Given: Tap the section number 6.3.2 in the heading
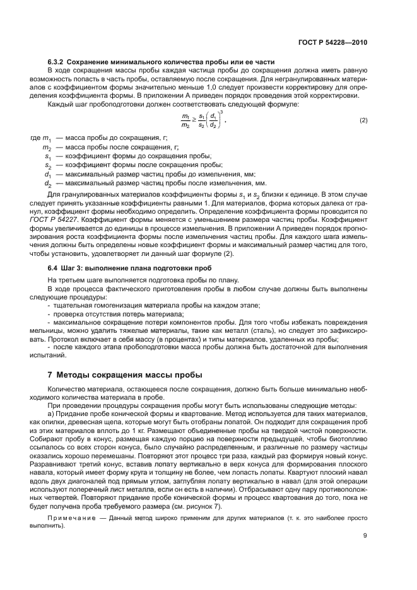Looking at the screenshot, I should point(57,61).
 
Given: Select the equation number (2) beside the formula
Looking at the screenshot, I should point(363,120).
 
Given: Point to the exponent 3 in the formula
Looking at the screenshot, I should point(221,112).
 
